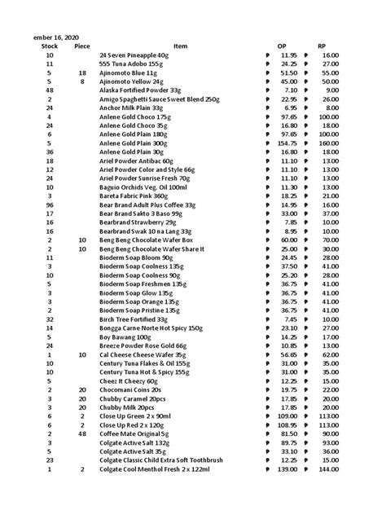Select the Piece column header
point(82,46)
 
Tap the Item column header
point(180,46)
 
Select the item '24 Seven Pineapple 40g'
point(135,55)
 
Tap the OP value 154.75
point(286,143)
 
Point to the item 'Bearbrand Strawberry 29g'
point(137,222)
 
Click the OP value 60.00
point(288,240)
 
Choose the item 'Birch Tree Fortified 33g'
point(137,320)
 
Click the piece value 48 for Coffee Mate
point(82,435)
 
